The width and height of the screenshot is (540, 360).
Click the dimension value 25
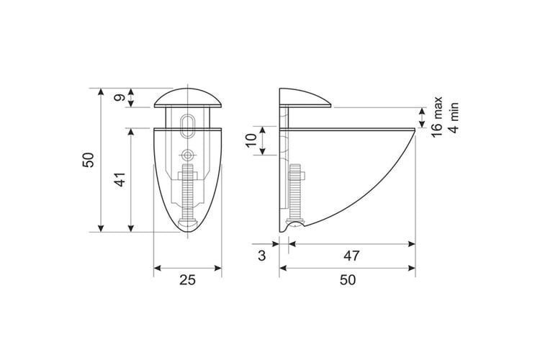click(x=187, y=280)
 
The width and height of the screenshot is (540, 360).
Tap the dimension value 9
click(x=120, y=98)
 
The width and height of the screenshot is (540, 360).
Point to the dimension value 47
click(x=351, y=256)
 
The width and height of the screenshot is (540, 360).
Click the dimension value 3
click(x=262, y=256)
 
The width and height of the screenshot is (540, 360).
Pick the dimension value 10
click(x=252, y=140)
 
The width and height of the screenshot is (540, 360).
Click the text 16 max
click(x=437, y=117)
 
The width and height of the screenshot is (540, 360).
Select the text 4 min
click(x=454, y=117)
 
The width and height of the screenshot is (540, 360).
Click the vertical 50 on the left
click(x=89, y=160)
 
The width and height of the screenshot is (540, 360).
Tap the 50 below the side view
click(x=348, y=280)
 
